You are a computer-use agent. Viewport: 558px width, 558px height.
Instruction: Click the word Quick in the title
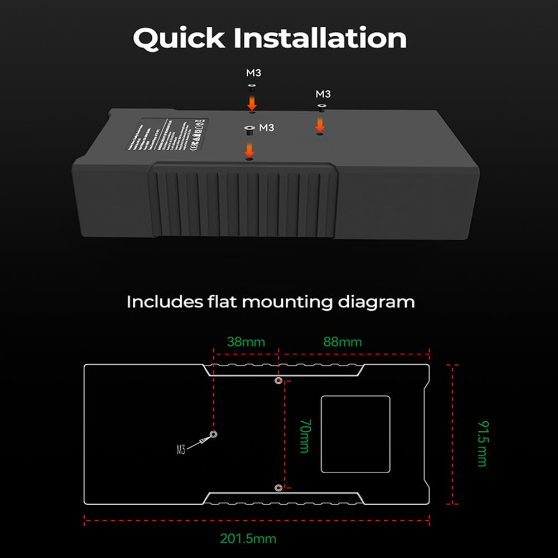[x=179, y=39]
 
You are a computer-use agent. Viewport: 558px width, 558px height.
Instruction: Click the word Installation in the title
[x=319, y=38]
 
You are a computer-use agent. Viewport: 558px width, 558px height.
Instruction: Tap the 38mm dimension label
[x=246, y=341]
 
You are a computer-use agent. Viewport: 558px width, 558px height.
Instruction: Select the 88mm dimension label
[x=343, y=341]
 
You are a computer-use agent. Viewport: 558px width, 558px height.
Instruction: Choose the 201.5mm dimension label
[x=248, y=538]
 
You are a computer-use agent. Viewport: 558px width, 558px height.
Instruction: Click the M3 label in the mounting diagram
[x=180, y=450]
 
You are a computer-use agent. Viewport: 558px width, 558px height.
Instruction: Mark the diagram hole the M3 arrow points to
[x=213, y=434]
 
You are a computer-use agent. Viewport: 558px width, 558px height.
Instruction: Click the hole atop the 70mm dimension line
[x=278, y=381]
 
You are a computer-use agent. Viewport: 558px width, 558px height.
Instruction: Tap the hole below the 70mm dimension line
[x=278, y=488]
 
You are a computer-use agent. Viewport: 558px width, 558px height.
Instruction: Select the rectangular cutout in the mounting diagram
[x=355, y=434]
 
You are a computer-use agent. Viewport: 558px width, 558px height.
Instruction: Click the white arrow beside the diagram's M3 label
[x=198, y=442]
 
